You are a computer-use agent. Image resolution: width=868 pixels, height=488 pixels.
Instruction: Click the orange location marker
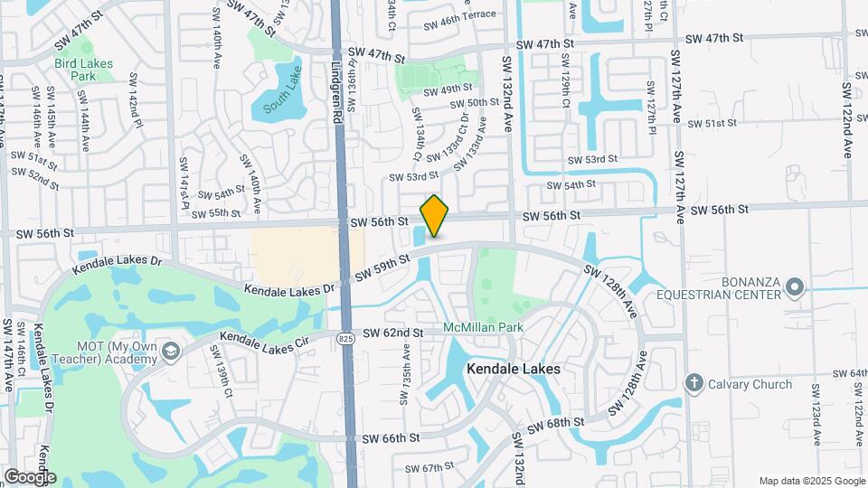tap(435, 216)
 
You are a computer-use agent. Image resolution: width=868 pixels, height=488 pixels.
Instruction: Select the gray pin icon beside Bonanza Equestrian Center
tap(795, 286)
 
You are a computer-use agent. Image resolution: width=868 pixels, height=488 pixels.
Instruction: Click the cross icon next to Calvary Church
tap(694, 384)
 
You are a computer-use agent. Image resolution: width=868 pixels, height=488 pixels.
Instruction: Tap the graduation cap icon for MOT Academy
tap(169, 350)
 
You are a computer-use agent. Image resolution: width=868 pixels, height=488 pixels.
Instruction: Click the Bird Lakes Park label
tap(75, 70)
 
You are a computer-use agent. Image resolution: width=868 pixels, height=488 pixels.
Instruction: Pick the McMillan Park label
tap(483, 326)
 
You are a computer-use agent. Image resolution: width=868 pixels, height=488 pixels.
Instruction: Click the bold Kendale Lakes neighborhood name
tap(514, 369)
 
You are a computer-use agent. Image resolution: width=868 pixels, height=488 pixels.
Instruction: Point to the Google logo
tap(30, 476)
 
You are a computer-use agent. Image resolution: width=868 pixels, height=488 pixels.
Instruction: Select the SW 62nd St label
tap(393, 333)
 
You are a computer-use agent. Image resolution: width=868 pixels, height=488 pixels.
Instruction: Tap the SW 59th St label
tap(381, 267)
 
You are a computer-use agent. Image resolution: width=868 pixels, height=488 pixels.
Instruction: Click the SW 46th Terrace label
tap(455, 15)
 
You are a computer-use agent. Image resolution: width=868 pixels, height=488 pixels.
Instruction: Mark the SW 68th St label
tap(555, 423)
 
